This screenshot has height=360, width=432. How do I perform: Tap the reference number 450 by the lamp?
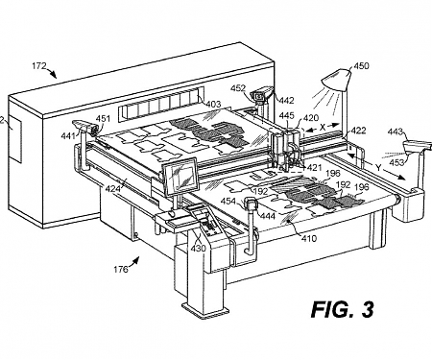pos(360,66)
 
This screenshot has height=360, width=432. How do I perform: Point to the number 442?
pos(285,99)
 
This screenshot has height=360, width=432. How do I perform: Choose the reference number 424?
pos(112,189)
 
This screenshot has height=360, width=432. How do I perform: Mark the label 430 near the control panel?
pos(199,248)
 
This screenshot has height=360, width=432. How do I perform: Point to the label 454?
pos(229,201)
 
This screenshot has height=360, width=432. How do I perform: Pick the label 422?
pos(357,130)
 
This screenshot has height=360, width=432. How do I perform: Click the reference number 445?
pos(286,116)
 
